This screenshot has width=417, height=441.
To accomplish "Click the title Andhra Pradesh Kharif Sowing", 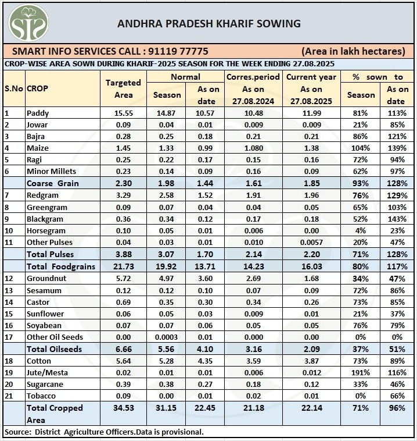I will (209, 24).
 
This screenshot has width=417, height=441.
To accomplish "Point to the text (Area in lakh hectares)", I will (353, 51).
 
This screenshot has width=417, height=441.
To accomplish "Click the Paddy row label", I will (38, 113).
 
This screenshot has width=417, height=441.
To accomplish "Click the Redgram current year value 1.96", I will (311, 195).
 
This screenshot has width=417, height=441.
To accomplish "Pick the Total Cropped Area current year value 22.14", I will (311, 408).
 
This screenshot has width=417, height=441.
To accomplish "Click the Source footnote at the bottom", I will (105, 432).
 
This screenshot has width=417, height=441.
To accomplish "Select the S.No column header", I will (13, 88).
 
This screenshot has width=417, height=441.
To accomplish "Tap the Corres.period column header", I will (253, 77).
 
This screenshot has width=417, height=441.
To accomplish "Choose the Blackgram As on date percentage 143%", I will (398, 219).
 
